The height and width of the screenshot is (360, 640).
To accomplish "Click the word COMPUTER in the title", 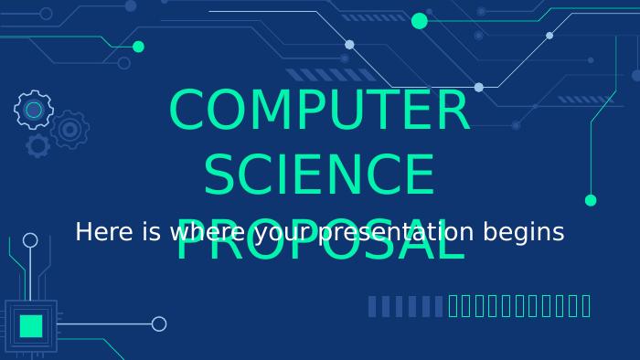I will pos(319,111).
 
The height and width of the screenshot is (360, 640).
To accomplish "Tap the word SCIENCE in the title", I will pos(319,175).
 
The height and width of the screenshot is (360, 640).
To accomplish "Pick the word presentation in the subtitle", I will pos(395,233).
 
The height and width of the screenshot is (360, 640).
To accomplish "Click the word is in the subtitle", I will pos(152,232).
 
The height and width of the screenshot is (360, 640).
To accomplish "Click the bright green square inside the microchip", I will pos(31,326).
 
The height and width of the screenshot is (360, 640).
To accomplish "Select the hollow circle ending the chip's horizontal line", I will pos(159,323).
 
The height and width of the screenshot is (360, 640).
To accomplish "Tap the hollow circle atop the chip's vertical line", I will pos(30,240).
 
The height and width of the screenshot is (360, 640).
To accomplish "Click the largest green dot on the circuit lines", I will pos(420,21).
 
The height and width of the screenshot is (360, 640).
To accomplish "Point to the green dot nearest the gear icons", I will pos(138,47).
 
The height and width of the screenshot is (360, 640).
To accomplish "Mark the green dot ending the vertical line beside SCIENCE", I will pos(591,200).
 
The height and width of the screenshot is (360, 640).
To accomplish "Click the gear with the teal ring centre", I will pos(34,110).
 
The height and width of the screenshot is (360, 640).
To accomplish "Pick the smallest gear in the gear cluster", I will pos(37,144).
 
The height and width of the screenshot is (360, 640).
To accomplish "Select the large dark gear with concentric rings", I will pos(69,130).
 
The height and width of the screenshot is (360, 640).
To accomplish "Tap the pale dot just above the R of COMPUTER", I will pos(478,88).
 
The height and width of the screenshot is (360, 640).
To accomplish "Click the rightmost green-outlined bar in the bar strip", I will pos(586,306).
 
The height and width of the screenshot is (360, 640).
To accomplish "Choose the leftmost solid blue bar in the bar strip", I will pos(372,306).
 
